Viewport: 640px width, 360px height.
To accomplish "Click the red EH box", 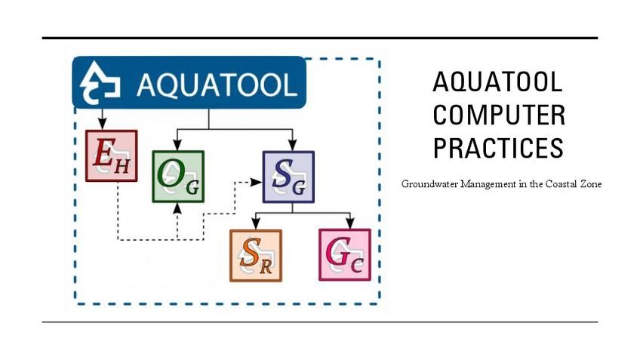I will (112, 155).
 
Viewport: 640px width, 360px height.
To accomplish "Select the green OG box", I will (178, 177).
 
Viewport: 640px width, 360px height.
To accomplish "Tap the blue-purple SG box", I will (288, 177).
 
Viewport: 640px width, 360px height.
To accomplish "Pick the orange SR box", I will (255, 255).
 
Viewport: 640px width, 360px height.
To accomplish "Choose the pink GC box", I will (345, 254).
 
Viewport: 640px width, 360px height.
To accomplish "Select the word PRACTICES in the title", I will (498, 148).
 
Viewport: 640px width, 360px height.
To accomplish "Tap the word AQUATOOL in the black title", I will (498, 82).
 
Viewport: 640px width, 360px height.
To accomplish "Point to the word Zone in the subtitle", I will (589, 183).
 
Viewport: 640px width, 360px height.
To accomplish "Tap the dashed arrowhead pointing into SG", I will (257, 182).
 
